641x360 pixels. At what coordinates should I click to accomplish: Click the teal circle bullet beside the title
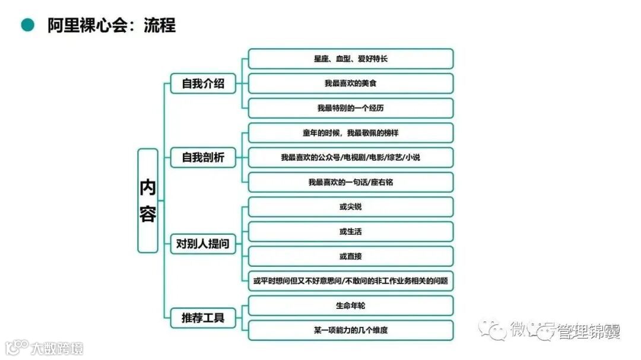pos(27,25)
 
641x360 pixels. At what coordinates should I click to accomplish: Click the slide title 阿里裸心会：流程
pos(112,26)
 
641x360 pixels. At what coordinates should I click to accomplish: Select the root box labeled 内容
pos(148,200)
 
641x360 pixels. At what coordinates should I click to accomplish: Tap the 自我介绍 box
pos(203,84)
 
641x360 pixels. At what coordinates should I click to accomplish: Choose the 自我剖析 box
pos(203,158)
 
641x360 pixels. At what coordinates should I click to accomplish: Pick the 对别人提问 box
pos(203,244)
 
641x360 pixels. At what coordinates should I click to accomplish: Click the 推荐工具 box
pos(203,318)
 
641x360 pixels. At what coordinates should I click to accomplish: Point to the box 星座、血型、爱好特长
pos(350,59)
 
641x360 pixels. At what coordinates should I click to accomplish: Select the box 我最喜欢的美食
pos(350,84)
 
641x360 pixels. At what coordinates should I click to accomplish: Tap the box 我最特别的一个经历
pos(350,108)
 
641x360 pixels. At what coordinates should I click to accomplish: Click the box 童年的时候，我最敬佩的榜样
pos(350,133)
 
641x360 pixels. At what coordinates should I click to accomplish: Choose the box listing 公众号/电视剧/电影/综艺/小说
pos(350,158)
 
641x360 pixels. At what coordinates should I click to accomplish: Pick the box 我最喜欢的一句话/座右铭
pos(350,182)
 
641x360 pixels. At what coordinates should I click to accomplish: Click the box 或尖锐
pos(350,207)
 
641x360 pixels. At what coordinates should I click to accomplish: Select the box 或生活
pos(350,231)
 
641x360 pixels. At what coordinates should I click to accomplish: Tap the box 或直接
pos(350,256)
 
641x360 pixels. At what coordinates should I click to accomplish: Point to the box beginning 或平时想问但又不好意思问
pos(350,281)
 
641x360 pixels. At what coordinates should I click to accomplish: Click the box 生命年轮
pos(350,305)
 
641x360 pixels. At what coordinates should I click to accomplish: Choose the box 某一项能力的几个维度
pos(350,330)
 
